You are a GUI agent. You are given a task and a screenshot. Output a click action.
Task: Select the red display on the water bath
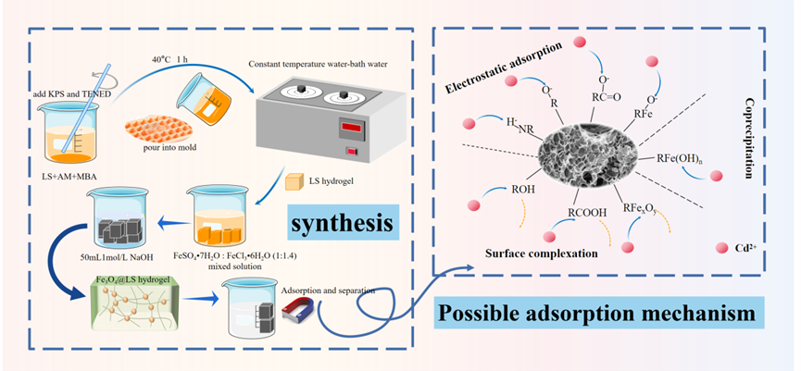pyautogui.click(x=349, y=126)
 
